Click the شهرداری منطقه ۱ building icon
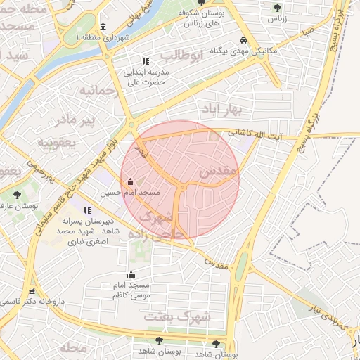point(103,27)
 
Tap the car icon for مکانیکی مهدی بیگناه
point(243,41)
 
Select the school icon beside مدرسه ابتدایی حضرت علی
point(146,62)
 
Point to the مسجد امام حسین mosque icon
point(130,181)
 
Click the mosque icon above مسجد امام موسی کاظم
point(131,275)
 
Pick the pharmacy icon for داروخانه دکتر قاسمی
point(30,292)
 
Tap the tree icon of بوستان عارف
point(17,195)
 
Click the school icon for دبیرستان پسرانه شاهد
point(87,210)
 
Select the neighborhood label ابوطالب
point(181,54)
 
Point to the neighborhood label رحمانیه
point(96,90)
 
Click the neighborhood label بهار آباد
point(221,109)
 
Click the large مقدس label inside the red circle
point(219,171)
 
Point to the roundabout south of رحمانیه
point(131,125)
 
